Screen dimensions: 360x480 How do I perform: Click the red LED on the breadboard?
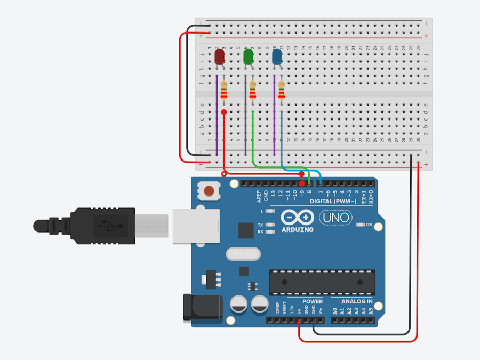pyautogui.click(x=219, y=57)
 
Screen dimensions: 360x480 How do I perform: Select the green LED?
pyautogui.click(x=248, y=57)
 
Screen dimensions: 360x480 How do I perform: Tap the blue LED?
pyautogui.click(x=277, y=57)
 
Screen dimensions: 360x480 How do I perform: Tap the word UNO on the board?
pyautogui.click(x=335, y=217)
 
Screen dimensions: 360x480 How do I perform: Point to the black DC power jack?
pyautogui.click(x=203, y=308)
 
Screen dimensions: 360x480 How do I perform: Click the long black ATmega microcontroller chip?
pyautogui.click(x=322, y=282)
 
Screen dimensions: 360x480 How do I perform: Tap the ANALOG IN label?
pyautogui.click(x=353, y=302)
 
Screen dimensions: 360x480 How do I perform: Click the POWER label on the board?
pyautogui.click(x=313, y=302)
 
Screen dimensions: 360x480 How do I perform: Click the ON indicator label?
pyautogui.click(x=369, y=225)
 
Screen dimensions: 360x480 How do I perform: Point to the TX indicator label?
pyautogui.click(x=260, y=225)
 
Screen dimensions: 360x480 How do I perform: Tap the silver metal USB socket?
pyautogui.click(x=195, y=226)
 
